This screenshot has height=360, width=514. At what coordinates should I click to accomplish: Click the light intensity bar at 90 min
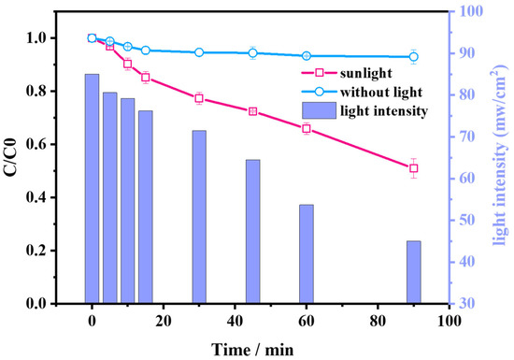[x=413, y=272]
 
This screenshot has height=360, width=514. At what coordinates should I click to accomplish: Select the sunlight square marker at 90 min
[x=413, y=168]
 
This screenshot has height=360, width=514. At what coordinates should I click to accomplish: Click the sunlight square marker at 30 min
[x=199, y=98]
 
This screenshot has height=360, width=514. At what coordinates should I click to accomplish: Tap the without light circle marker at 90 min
[x=413, y=57]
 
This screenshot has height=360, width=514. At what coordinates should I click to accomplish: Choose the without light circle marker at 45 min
[x=252, y=53]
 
